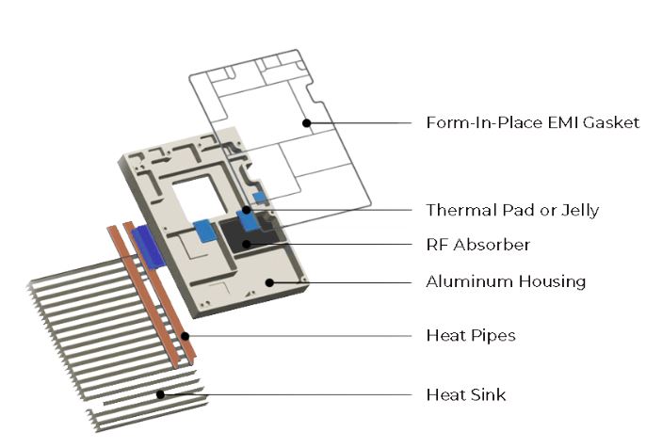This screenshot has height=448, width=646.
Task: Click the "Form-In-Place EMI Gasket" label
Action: pyautogui.click(x=532, y=123)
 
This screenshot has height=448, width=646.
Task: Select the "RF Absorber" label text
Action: pyautogui.click(x=477, y=245)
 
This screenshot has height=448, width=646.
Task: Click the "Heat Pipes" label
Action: pyautogui.click(x=470, y=336)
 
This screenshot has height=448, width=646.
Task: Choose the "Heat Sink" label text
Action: pyautogui.click(x=465, y=394)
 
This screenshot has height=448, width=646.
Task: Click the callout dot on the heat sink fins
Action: pyautogui.click(x=161, y=394)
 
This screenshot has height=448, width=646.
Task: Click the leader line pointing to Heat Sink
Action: pyautogui.click(x=283, y=394)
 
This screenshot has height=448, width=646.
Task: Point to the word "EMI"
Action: pyautogui.click(x=545, y=123)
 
